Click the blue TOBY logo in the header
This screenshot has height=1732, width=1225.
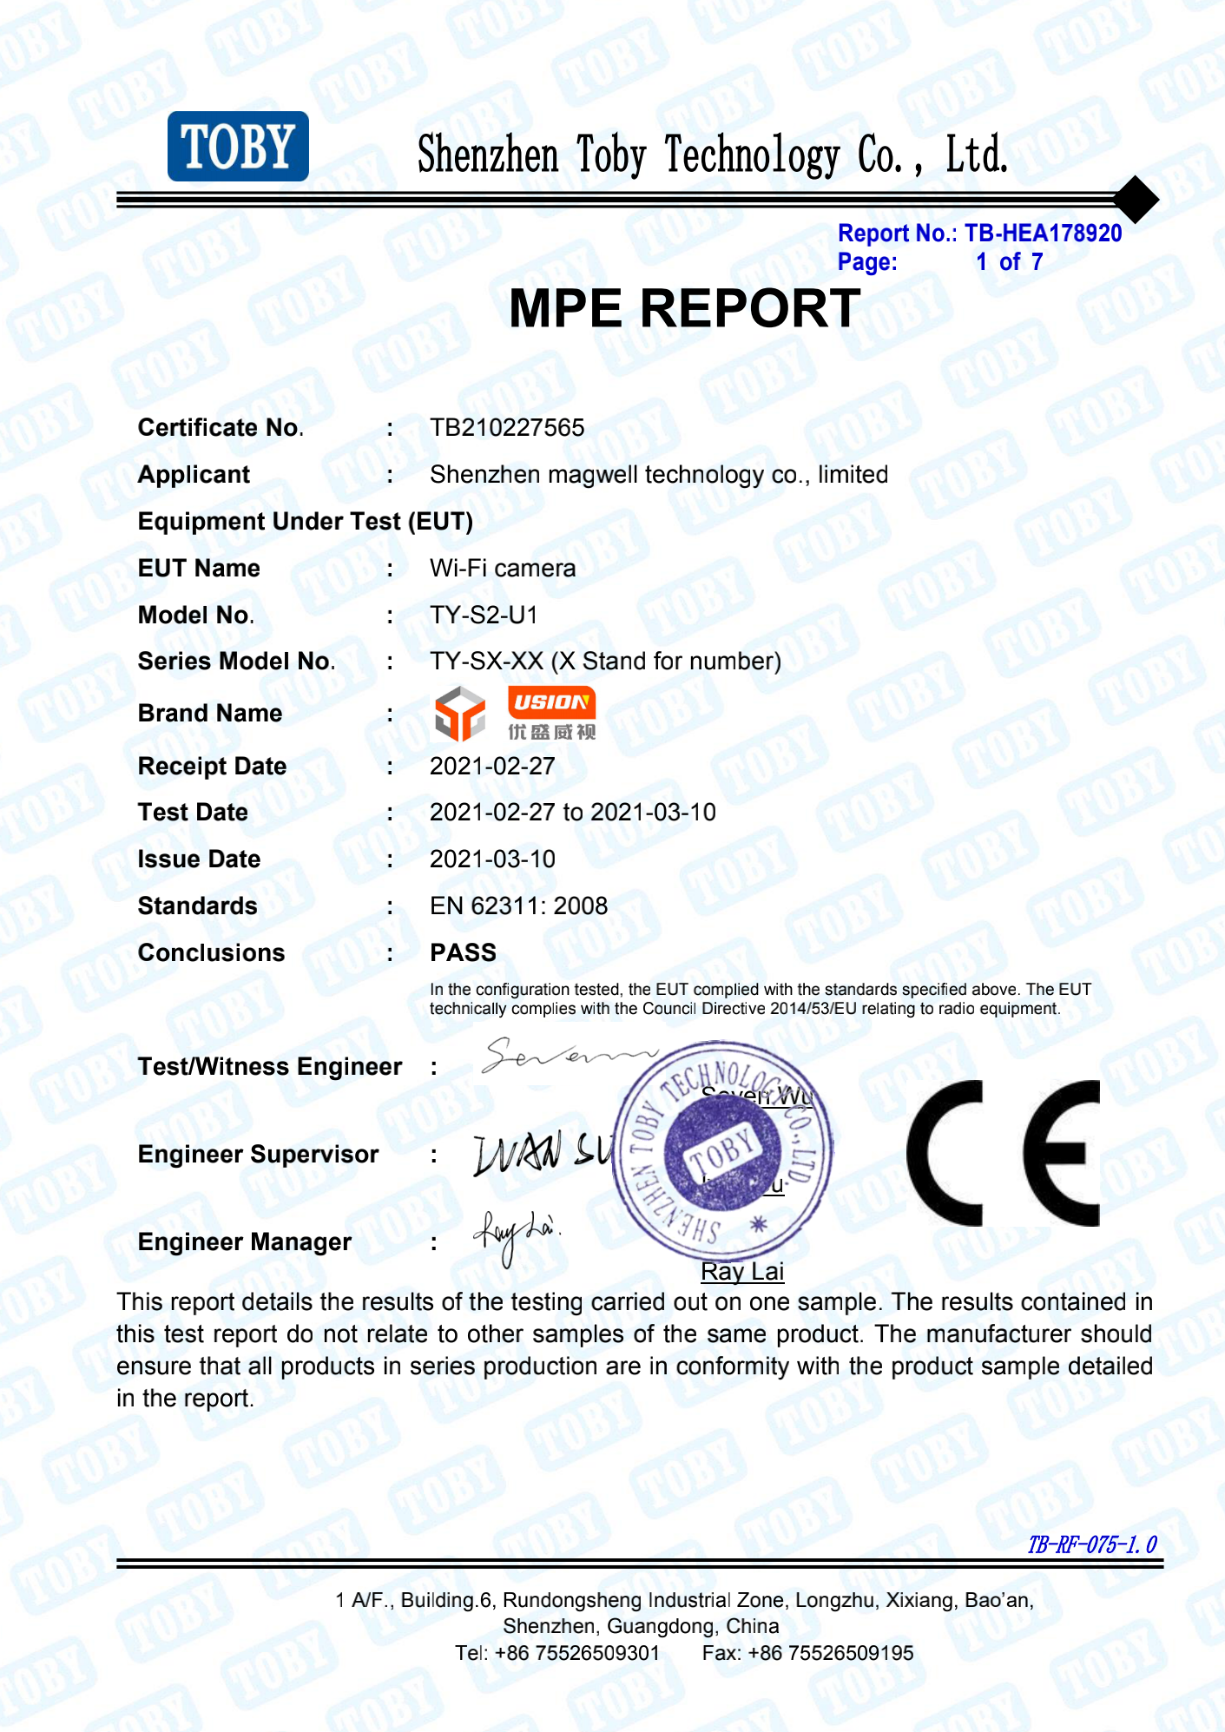(238, 146)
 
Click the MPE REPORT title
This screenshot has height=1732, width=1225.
(684, 308)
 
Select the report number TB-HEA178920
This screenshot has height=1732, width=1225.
(1043, 233)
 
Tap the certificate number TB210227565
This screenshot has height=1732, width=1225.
(507, 427)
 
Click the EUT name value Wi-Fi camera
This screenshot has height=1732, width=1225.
(503, 568)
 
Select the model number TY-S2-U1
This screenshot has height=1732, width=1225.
(484, 615)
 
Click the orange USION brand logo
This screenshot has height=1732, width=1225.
(551, 702)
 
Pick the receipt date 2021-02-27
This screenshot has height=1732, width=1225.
(492, 766)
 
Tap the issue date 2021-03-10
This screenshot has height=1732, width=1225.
(492, 859)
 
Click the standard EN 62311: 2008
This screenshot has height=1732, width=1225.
(518, 906)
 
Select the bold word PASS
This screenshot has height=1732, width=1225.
(463, 952)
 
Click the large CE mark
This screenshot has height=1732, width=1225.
(1003, 1153)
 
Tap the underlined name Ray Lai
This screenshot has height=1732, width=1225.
(742, 1271)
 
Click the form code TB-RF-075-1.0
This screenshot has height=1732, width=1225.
(1091, 1544)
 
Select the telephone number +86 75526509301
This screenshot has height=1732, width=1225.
(576, 1652)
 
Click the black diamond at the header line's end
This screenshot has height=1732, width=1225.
(1135, 199)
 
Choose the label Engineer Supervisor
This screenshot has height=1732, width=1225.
(258, 1154)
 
